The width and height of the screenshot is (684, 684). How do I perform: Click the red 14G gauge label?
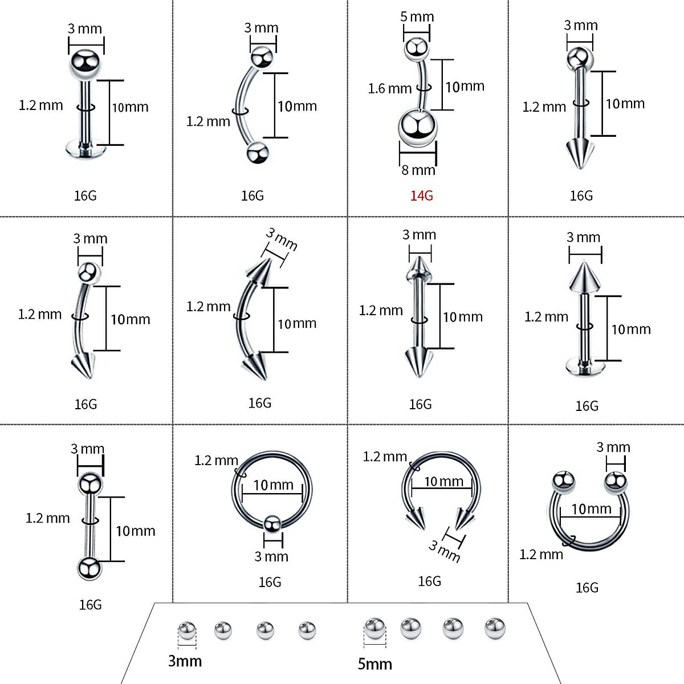(422, 196)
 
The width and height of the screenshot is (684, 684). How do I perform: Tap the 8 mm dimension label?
(418, 170)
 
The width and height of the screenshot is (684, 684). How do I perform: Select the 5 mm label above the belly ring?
(417, 17)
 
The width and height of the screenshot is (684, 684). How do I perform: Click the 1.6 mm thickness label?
(390, 88)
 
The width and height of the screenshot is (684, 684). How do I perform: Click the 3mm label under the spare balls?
(185, 661)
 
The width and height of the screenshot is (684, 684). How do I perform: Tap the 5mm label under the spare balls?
(375, 663)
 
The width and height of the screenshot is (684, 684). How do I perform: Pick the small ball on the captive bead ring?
(272, 523)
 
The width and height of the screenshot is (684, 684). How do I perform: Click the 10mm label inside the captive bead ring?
(274, 485)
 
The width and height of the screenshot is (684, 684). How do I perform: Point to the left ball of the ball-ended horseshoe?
(563, 482)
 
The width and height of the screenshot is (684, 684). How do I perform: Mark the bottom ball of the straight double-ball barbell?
(89, 569)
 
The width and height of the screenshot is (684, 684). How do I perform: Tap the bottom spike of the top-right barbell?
(579, 154)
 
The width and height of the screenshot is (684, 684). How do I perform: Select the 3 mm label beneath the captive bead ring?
(271, 556)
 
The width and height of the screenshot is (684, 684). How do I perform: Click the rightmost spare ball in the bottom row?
(495, 628)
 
